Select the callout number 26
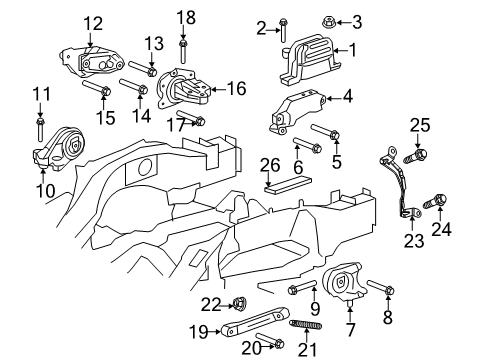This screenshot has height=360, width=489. tap(269, 165)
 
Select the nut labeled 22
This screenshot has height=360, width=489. tap(241, 303)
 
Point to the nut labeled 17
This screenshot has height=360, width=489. tap(199, 121)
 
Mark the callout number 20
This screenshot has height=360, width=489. tap(252, 346)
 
